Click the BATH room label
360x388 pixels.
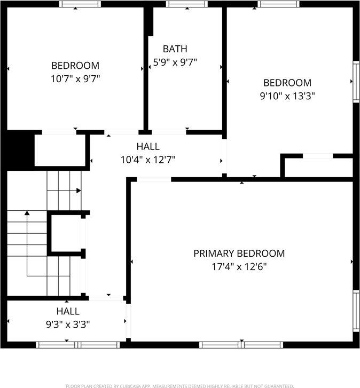[175, 49]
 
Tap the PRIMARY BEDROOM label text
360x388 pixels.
[239, 254]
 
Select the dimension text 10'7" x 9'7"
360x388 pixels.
[75, 78]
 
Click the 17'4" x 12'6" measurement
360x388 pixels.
[239, 266]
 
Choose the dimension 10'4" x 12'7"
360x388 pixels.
[148, 159]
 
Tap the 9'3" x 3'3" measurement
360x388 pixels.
[68, 323]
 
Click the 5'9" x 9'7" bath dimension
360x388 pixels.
[175, 62]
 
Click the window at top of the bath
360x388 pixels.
[187, 4]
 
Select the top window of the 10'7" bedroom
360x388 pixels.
[80, 4]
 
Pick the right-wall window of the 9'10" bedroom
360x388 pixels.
[356, 81]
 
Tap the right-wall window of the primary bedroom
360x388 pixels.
[356, 311]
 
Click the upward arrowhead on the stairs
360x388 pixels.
[26, 214]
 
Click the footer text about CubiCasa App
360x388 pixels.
[179, 385]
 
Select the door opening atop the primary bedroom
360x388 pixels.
[154, 179]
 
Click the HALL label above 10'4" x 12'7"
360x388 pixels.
[148, 146]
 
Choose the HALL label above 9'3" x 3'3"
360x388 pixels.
[68, 311]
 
